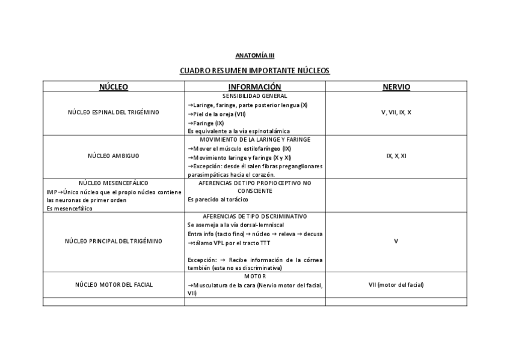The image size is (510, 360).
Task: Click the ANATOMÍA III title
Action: [x=254, y=55]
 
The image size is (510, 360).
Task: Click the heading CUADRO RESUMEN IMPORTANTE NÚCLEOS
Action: [x=255, y=71]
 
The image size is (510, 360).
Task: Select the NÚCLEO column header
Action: [x=114, y=87]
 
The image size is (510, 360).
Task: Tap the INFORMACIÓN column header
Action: [x=254, y=87]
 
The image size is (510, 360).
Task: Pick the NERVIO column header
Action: [x=396, y=87]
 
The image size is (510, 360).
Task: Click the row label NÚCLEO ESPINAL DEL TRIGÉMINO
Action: [x=114, y=112]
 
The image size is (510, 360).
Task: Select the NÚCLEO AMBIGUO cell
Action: [x=114, y=156]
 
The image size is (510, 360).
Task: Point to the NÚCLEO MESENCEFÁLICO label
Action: [x=114, y=183]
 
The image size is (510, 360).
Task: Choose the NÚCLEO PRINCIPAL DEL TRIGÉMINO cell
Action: [x=114, y=241]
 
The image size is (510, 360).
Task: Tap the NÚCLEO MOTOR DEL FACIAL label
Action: [x=114, y=284]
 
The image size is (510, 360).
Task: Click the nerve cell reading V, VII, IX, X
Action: [x=396, y=112]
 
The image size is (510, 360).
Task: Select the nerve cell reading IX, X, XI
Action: [x=396, y=156]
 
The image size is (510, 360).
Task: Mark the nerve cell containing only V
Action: [x=396, y=241]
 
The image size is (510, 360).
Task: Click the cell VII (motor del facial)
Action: [x=396, y=284]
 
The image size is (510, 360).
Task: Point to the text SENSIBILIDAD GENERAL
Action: [x=254, y=96]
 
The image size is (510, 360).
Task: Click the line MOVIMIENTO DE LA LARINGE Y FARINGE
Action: [x=255, y=139]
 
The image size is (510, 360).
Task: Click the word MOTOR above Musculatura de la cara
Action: [x=254, y=276]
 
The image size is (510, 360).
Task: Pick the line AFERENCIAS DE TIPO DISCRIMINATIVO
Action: [x=255, y=216]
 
